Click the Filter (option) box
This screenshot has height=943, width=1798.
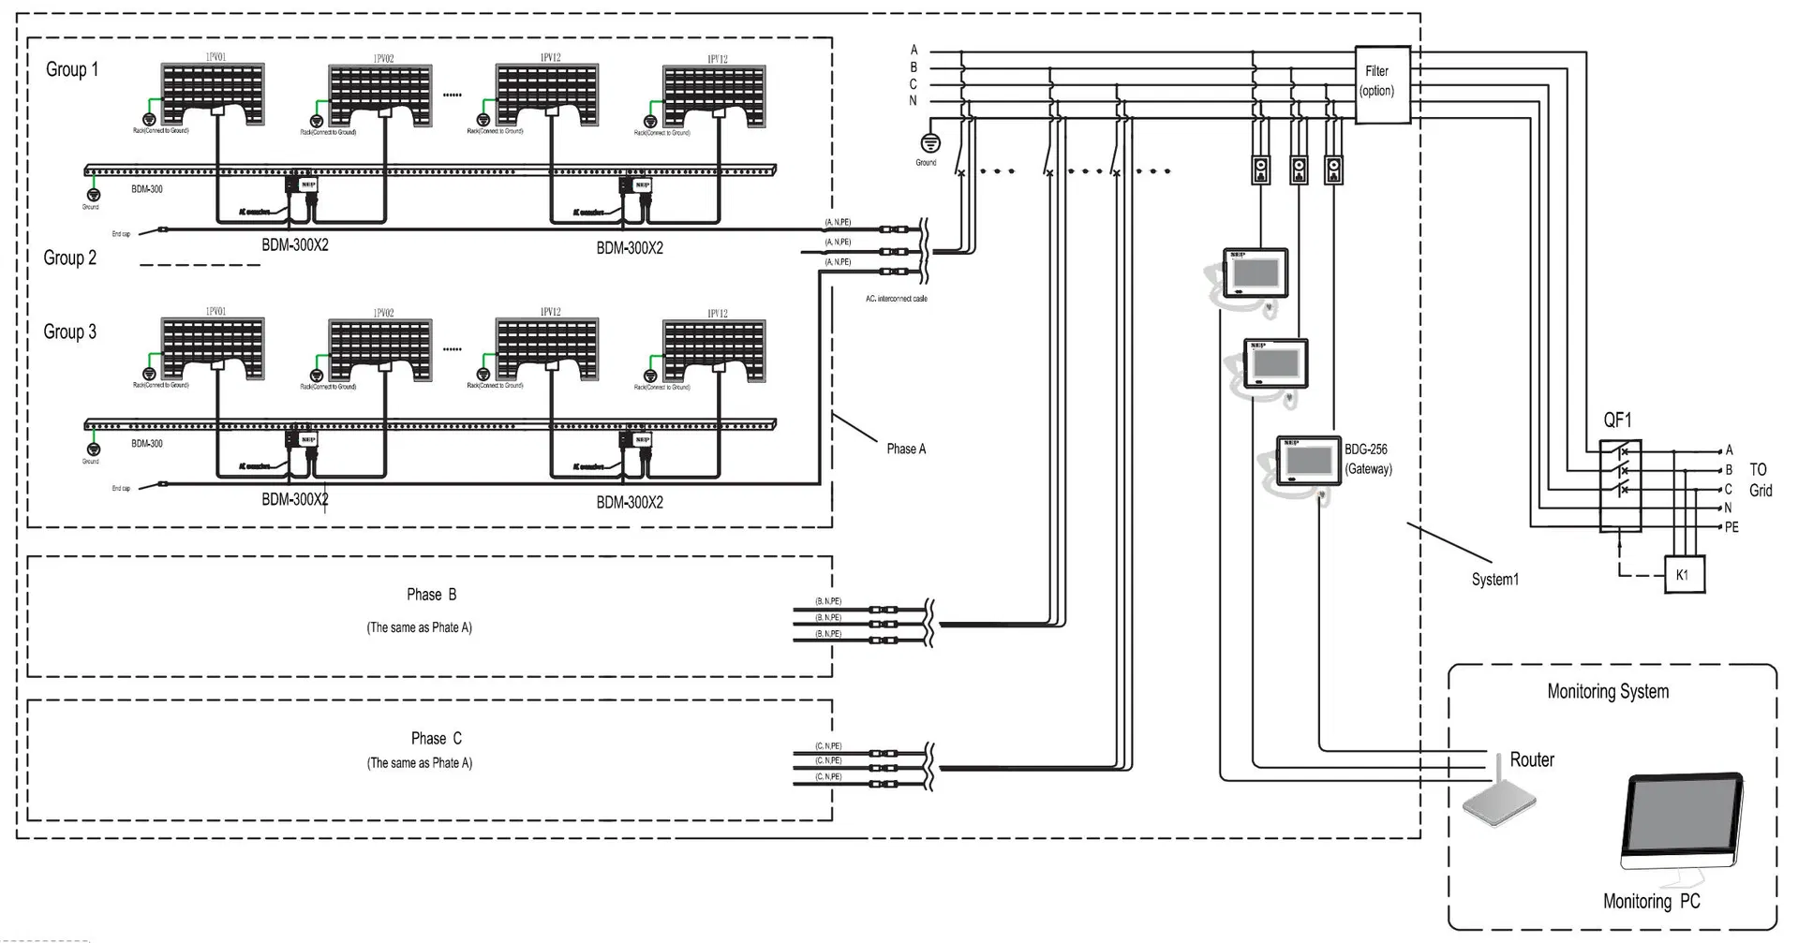pyautogui.click(x=1381, y=84)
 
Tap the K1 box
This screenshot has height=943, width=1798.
pyautogui.click(x=1682, y=575)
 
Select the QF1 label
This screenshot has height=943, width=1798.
pyautogui.click(x=1617, y=420)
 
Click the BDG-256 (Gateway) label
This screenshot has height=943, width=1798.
pyautogui.click(x=1368, y=459)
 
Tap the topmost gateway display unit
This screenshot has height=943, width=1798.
pyautogui.click(x=1256, y=273)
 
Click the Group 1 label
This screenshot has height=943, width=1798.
pyautogui.click(x=72, y=69)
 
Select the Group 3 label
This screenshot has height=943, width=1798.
pyautogui.click(x=70, y=332)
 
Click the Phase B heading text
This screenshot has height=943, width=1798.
pyautogui.click(x=431, y=595)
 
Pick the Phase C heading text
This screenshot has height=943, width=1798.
pyautogui.click(x=436, y=739)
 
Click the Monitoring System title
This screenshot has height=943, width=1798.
pyautogui.click(x=1608, y=692)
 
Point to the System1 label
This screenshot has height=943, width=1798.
pyautogui.click(x=1494, y=580)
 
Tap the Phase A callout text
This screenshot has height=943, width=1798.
pyautogui.click(x=906, y=449)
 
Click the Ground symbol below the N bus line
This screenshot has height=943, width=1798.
pyautogui.click(x=929, y=143)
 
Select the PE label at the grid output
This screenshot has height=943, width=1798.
pyautogui.click(x=1731, y=527)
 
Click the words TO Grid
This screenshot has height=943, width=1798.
pyautogui.click(x=1760, y=479)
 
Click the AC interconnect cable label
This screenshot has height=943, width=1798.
pyautogui.click(x=896, y=299)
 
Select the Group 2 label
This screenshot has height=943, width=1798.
pyautogui.click(x=70, y=258)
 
